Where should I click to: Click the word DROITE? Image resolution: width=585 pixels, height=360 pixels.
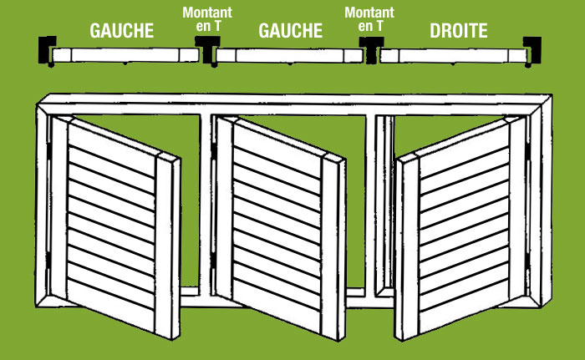[x=459, y=31]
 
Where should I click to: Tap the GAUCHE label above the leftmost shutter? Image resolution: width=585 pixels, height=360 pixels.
[x=122, y=31]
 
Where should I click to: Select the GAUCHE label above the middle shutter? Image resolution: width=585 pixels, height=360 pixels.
[x=290, y=31]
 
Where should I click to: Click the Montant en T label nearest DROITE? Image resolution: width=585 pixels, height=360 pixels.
[x=369, y=19]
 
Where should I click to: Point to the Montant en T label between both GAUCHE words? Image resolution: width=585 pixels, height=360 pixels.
[x=207, y=19]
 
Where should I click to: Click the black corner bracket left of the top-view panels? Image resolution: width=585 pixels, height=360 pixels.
[x=45, y=48]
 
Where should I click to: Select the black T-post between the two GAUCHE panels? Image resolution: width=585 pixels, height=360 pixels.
[x=207, y=49]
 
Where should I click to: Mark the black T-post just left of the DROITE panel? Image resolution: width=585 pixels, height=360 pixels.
[x=371, y=49]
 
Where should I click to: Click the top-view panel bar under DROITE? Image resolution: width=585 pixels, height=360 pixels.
[x=453, y=56]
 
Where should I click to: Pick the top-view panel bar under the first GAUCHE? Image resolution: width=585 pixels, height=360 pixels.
[x=125, y=55]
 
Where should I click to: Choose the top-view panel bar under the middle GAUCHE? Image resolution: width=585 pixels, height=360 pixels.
[x=289, y=56]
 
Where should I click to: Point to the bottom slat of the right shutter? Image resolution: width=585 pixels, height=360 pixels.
[x=464, y=307]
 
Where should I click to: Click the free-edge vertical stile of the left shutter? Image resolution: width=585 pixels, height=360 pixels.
[x=167, y=246]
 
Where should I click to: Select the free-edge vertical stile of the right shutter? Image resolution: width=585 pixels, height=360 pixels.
[x=407, y=247]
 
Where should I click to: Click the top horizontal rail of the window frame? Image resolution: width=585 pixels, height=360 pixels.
[x=295, y=104]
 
